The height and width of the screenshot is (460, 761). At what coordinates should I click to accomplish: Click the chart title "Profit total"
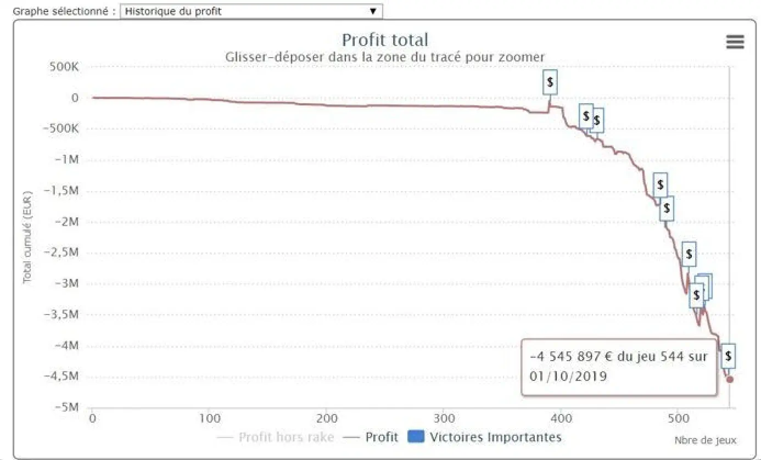pos(385,40)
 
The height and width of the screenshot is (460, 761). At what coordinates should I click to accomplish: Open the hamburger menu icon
pos(735,42)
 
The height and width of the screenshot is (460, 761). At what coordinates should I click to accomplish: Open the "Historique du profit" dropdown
pos(250,11)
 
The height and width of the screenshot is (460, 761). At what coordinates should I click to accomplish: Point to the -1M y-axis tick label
pos(69,160)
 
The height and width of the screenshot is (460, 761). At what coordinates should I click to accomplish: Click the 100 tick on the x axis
pos(209,418)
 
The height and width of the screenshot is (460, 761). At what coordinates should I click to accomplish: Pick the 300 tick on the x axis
pos(444,418)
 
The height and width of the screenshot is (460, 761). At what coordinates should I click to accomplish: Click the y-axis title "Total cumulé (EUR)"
pos(27,237)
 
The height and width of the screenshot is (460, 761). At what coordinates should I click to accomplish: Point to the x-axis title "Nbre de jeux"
pos(705,440)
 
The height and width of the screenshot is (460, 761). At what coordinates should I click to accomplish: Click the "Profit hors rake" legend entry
pos(286,437)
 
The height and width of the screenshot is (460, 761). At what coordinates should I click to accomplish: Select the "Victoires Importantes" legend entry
pos(495,437)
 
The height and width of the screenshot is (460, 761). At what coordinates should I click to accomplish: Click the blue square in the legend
pos(417,437)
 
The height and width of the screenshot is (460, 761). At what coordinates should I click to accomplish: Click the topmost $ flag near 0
pos(550,83)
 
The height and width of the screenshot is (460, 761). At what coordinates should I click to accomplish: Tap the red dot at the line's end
pos(730,379)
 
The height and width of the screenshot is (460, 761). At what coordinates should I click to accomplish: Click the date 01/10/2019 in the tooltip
pos(568,376)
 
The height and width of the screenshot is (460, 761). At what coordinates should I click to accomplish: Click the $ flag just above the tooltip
pos(728,356)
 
